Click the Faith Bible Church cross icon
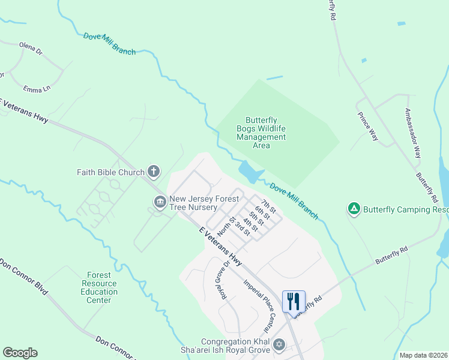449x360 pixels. pyautogui.click(x=154, y=172)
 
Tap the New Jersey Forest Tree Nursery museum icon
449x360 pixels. pyautogui.click(x=160, y=202)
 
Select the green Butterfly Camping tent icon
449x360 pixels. pyautogui.click(x=354, y=209)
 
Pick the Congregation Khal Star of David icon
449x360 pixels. pyautogui.click(x=278, y=345)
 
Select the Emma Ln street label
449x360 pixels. pyautogui.click(x=37, y=89)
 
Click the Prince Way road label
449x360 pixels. pyautogui.click(x=367, y=127)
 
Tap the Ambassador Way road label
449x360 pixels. pyautogui.click(x=413, y=133)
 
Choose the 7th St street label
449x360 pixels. pyautogui.click(x=268, y=205)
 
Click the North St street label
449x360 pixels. pyautogui.click(x=224, y=227)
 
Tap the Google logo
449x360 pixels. pyautogui.click(x=20, y=353)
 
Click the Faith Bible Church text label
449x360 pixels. pyautogui.click(x=110, y=172)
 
